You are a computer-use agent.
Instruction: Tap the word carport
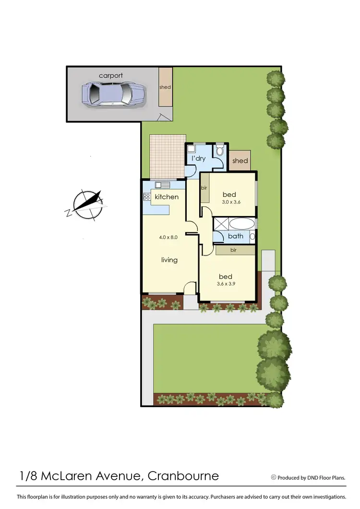111,75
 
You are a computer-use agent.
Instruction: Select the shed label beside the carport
165,87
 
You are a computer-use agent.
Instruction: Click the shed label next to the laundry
240,161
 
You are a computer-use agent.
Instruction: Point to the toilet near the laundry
220,151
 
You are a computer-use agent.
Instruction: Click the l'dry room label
199,158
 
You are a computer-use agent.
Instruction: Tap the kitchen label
167,197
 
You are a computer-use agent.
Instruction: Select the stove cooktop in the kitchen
146,197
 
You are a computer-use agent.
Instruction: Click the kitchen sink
162,185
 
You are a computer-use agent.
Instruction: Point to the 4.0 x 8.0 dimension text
168,237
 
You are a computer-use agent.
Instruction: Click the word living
169,260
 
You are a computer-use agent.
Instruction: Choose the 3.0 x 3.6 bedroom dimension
231,202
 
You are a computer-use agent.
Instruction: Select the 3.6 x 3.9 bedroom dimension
226,284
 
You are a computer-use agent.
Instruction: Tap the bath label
236,236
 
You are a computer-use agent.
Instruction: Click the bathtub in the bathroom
243,224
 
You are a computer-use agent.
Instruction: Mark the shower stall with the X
221,224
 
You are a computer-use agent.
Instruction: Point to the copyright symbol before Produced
274,477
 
